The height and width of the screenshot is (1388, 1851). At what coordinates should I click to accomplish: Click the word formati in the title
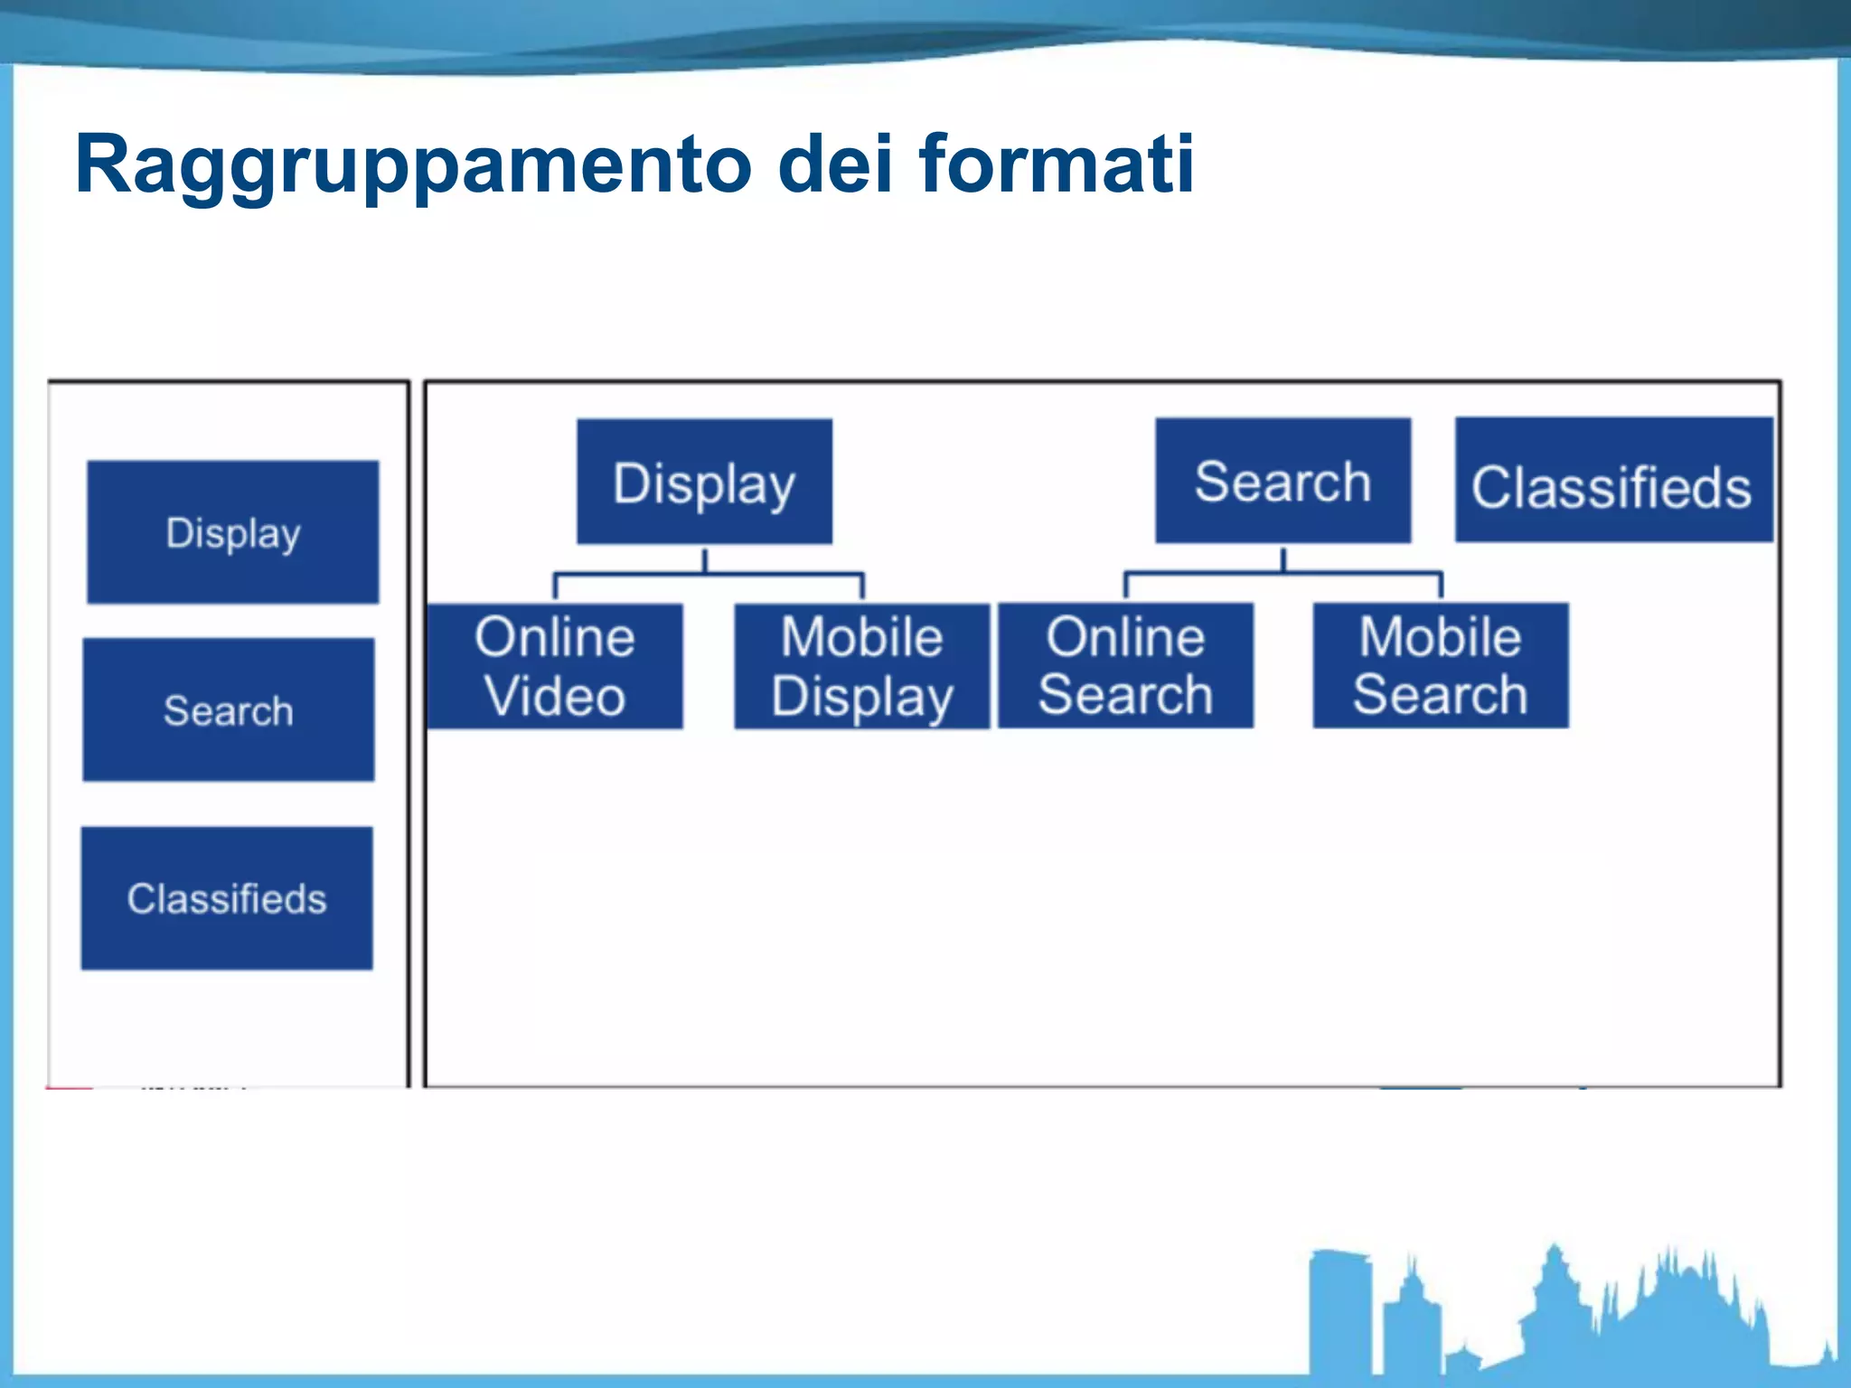point(1056,164)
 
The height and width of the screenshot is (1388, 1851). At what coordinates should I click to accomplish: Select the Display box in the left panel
point(233,532)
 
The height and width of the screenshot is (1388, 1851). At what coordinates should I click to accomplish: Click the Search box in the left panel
point(229,710)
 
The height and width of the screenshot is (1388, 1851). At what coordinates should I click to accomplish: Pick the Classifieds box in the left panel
point(227,898)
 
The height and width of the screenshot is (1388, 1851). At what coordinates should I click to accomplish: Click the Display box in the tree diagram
point(704,482)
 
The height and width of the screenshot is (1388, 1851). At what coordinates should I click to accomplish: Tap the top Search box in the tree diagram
point(1283,481)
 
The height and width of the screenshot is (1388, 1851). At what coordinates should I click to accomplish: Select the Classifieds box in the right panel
point(1613,481)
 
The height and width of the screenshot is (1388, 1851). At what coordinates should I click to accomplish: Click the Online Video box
point(555,666)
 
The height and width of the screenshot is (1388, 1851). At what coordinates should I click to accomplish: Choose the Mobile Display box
point(862,666)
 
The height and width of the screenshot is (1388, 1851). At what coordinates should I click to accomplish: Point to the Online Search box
point(1125,665)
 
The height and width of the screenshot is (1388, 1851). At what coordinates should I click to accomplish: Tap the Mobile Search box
point(1441,665)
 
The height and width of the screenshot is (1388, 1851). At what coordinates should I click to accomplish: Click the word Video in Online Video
point(555,697)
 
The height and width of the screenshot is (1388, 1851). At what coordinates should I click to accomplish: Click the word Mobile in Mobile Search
point(1441,637)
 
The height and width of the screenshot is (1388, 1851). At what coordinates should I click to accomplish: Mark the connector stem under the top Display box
point(705,559)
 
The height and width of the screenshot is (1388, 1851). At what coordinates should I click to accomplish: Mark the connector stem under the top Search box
point(1283,558)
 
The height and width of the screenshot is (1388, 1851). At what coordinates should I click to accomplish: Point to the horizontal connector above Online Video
point(624,574)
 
